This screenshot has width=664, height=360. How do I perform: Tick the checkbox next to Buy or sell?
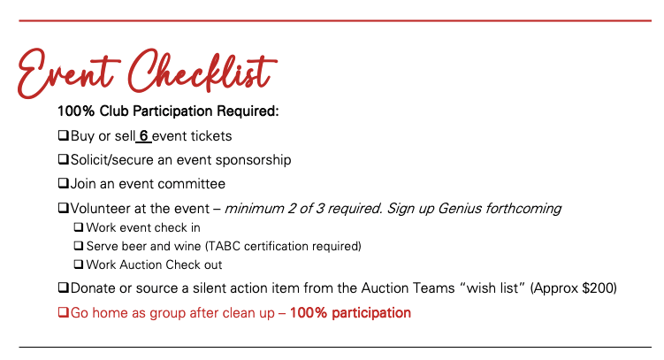point(64,135)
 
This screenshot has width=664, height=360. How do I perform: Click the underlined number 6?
point(144,136)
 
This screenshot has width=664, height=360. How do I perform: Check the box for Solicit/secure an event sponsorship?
point(64,159)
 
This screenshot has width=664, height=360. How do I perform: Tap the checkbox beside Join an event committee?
point(64,183)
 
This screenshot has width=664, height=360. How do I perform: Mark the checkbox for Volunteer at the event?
point(64,208)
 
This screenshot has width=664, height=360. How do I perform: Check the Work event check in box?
point(79,227)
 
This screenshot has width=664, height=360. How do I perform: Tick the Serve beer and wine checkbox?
point(79,246)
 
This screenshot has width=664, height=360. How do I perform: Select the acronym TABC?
point(224,246)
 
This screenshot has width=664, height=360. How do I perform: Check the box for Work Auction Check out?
point(79,264)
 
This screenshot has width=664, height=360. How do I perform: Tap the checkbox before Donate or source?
point(64,287)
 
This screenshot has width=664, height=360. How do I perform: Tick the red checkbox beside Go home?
point(64,312)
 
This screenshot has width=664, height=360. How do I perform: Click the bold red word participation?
point(371,313)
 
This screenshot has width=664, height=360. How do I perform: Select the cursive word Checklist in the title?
point(202,71)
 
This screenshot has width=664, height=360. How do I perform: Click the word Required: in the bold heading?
point(248,111)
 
